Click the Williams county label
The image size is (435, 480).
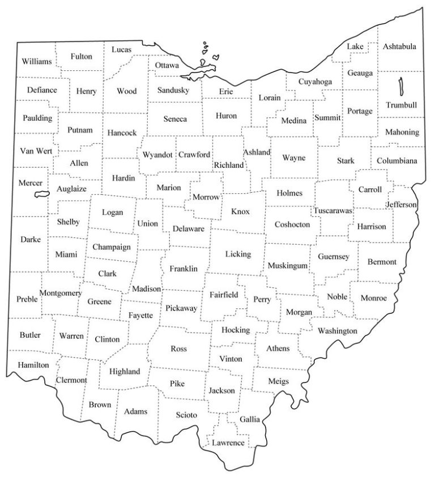pyautogui.click(x=37, y=61)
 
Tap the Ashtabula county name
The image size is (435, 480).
pyautogui.click(x=399, y=46)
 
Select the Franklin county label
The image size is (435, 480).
pyautogui.click(x=184, y=269)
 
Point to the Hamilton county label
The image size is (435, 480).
pyautogui.click(x=33, y=365)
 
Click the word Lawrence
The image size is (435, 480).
pyautogui.click(x=228, y=443)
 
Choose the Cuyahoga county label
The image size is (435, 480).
pyautogui.click(x=315, y=82)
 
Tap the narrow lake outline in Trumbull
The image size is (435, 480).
pyautogui.click(x=400, y=87)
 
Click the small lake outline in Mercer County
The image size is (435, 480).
pyautogui.click(x=41, y=194)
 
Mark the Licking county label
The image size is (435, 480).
pyautogui.click(x=237, y=254)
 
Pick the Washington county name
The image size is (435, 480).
pyautogui.click(x=338, y=330)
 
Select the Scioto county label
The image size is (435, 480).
pyautogui.click(x=186, y=415)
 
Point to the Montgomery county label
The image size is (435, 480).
pyautogui.click(x=61, y=293)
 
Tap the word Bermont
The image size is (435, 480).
pyautogui.click(x=382, y=262)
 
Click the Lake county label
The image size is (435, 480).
pyautogui.click(x=355, y=46)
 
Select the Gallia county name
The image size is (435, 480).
pyautogui.click(x=250, y=419)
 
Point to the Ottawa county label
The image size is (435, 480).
pyautogui.click(x=167, y=65)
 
